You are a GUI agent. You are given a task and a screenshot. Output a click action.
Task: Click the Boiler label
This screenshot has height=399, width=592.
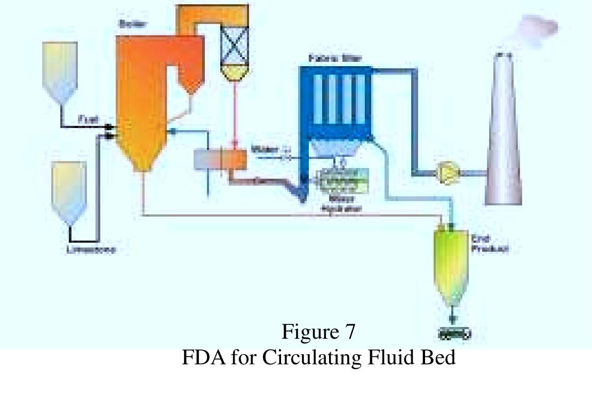(x=129, y=23)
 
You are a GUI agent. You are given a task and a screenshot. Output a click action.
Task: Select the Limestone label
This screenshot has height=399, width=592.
(x=91, y=249)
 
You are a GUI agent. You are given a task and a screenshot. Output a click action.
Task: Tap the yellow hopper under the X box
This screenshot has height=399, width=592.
(x=235, y=74)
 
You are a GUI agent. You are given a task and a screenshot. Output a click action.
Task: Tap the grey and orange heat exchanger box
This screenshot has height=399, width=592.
(x=220, y=159)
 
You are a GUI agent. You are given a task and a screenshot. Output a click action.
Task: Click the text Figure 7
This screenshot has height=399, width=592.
(x=318, y=332)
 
